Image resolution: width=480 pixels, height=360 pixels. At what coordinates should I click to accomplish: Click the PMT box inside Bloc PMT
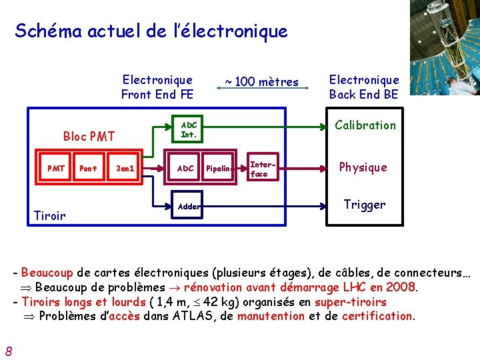[56, 169]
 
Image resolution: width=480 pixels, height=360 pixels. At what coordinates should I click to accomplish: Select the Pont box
[88, 169]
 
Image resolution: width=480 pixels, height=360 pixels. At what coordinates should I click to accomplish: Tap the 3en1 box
[125, 169]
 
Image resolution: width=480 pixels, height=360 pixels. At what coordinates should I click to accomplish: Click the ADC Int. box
[189, 130]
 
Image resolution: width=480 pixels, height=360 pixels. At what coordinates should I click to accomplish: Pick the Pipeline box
[219, 169]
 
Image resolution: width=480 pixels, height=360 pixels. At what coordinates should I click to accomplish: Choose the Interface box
[259, 169]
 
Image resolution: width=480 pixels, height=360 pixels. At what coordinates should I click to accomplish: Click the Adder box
[189, 207]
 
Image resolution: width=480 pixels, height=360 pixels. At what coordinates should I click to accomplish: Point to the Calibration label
[365, 125]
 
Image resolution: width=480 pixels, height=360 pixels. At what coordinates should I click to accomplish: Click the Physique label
[363, 167]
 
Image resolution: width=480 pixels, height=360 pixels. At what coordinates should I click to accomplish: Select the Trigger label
[364, 205]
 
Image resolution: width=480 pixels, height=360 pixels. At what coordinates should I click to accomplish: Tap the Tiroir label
[49, 215]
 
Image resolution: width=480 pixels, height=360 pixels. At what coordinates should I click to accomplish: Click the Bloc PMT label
[89, 137]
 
